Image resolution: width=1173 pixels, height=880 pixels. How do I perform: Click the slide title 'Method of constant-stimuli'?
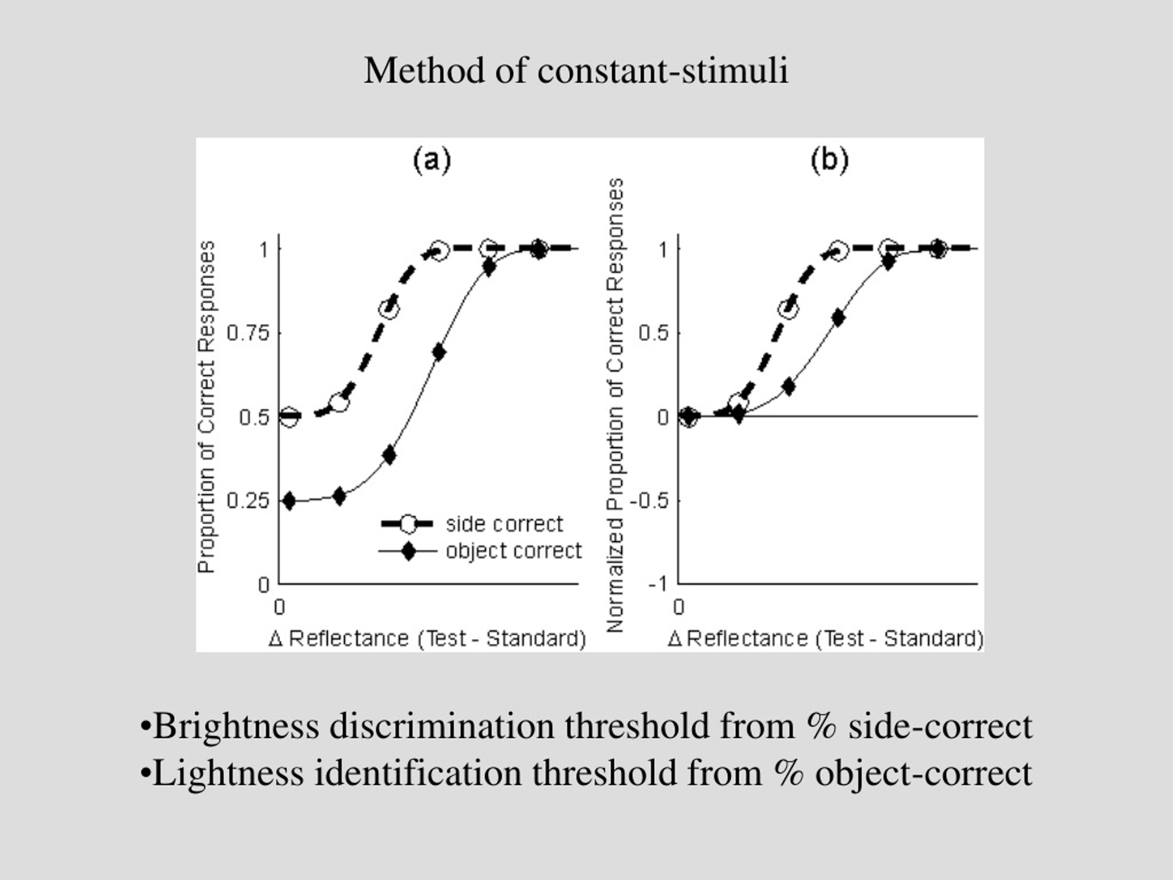(x=576, y=71)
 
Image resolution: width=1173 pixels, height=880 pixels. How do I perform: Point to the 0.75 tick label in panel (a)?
(x=248, y=333)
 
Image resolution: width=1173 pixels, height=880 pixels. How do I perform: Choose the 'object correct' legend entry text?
(x=514, y=551)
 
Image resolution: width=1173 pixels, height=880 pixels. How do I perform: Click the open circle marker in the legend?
(x=408, y=524)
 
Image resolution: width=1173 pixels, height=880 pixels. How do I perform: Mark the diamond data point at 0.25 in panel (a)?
(x=289, y=501)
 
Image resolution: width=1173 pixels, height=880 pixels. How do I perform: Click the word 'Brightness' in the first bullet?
(x=236, y=726)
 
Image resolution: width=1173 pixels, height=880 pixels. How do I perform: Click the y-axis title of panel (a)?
(x=206, y=407)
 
